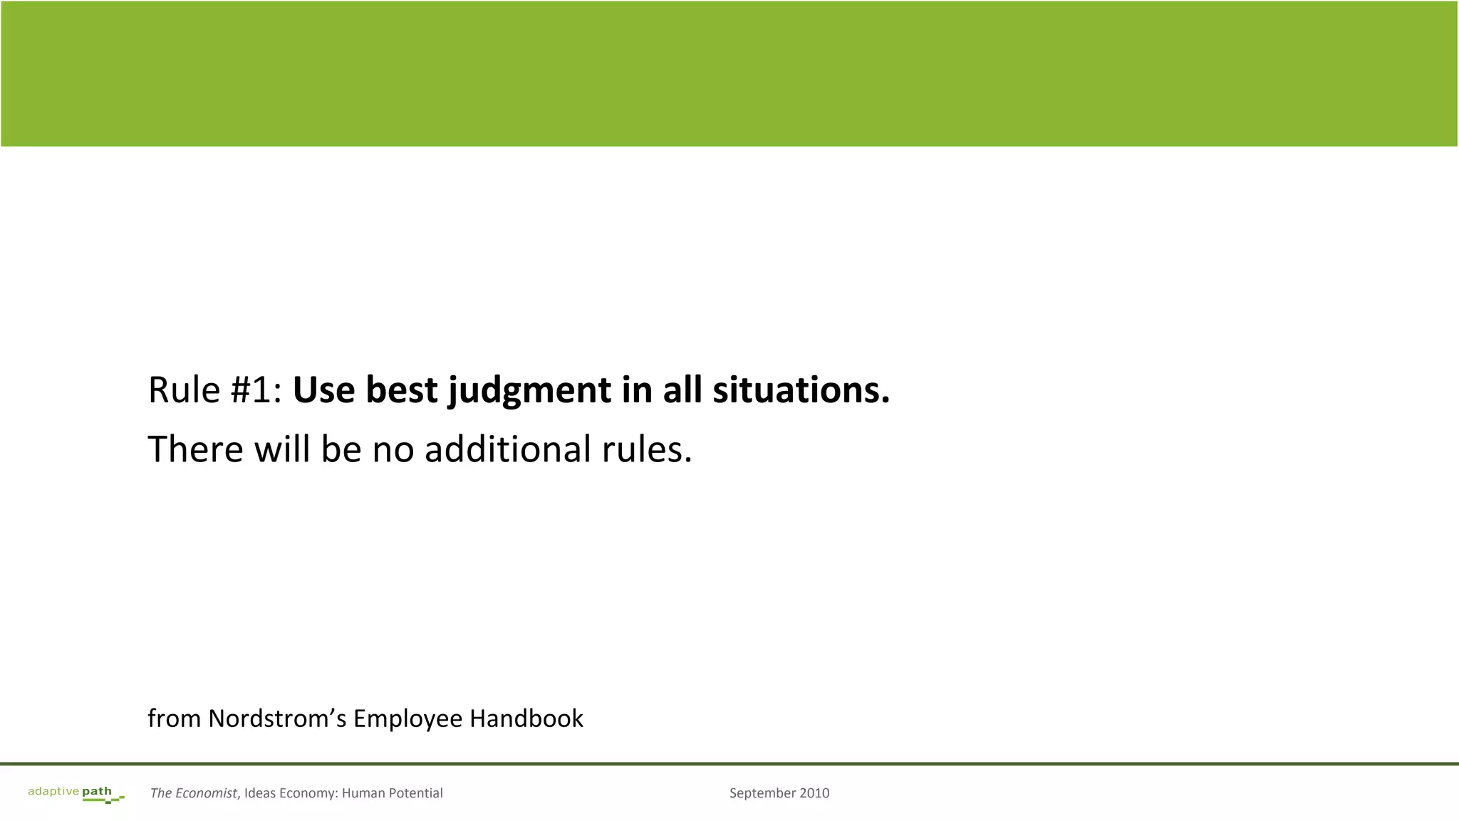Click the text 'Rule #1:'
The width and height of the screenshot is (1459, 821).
(215, 390)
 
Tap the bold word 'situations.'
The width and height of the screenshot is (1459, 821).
(801, 390)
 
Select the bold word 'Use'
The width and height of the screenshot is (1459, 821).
(323, 390)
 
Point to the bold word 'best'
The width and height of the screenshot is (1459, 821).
(401, 390)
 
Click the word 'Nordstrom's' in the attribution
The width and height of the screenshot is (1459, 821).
(276, 718)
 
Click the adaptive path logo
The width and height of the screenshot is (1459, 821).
(76, 794)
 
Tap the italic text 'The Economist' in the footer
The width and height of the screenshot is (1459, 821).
(193, 793)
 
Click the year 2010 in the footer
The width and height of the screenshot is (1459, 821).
(814, 793)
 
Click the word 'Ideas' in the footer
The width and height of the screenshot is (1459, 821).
(260, 793)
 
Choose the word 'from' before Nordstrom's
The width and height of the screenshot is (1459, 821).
(174, 718)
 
